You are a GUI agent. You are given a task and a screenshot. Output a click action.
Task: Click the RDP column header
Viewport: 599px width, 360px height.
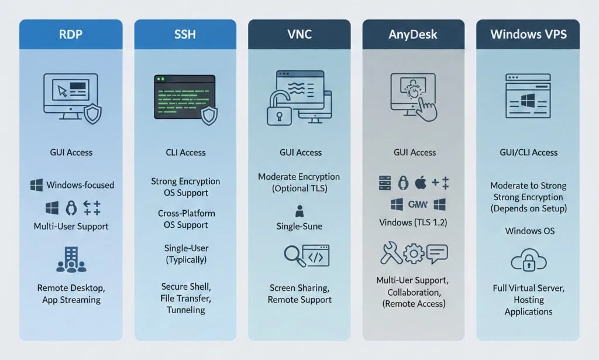tap(71, 34)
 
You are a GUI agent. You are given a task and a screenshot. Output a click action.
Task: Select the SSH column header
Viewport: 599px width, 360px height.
tap(185, 34)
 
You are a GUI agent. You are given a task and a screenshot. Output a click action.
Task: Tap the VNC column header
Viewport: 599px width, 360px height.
tap(300, 34)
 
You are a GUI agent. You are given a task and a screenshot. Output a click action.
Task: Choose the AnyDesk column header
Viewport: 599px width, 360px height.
tap(414, 34)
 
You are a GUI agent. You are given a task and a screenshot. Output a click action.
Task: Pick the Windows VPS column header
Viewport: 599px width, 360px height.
tap(528, 34)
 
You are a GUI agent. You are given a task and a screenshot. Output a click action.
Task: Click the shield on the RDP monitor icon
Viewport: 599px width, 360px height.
tap(92, 114)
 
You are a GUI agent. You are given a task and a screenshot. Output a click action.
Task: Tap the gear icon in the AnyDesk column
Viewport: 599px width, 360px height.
tap(414, 254)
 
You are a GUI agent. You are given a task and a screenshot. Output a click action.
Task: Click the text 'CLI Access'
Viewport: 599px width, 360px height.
tap(185, 152)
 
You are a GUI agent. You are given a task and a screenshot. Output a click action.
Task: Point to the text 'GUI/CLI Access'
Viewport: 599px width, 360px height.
tap(528, 152)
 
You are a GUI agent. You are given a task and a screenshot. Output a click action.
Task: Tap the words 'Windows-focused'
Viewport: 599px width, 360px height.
tap(80, 185)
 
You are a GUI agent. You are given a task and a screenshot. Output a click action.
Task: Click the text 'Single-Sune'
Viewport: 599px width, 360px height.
tap(300, 226)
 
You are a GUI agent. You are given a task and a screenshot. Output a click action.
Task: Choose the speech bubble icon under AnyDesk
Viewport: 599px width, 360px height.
tap(437, 253)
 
